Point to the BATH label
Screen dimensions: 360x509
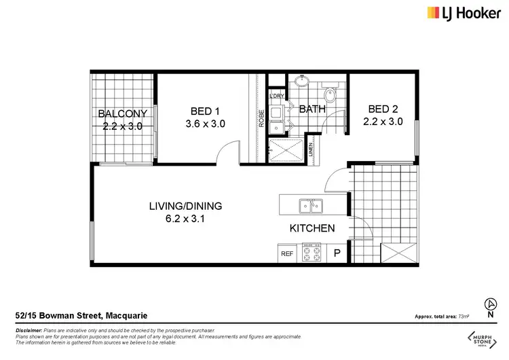click(312, 109)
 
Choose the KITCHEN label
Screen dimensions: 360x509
click(312, 228)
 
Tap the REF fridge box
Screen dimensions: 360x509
click(287, 253)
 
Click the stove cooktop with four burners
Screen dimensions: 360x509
click(311, 253)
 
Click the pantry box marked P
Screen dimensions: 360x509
click(336, 253)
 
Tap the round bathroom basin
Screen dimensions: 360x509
click(301, 85)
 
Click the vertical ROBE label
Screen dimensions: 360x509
click(260, 119)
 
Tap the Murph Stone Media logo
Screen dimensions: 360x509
click(483, 339)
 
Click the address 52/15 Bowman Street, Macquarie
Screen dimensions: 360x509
click(81, 315)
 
